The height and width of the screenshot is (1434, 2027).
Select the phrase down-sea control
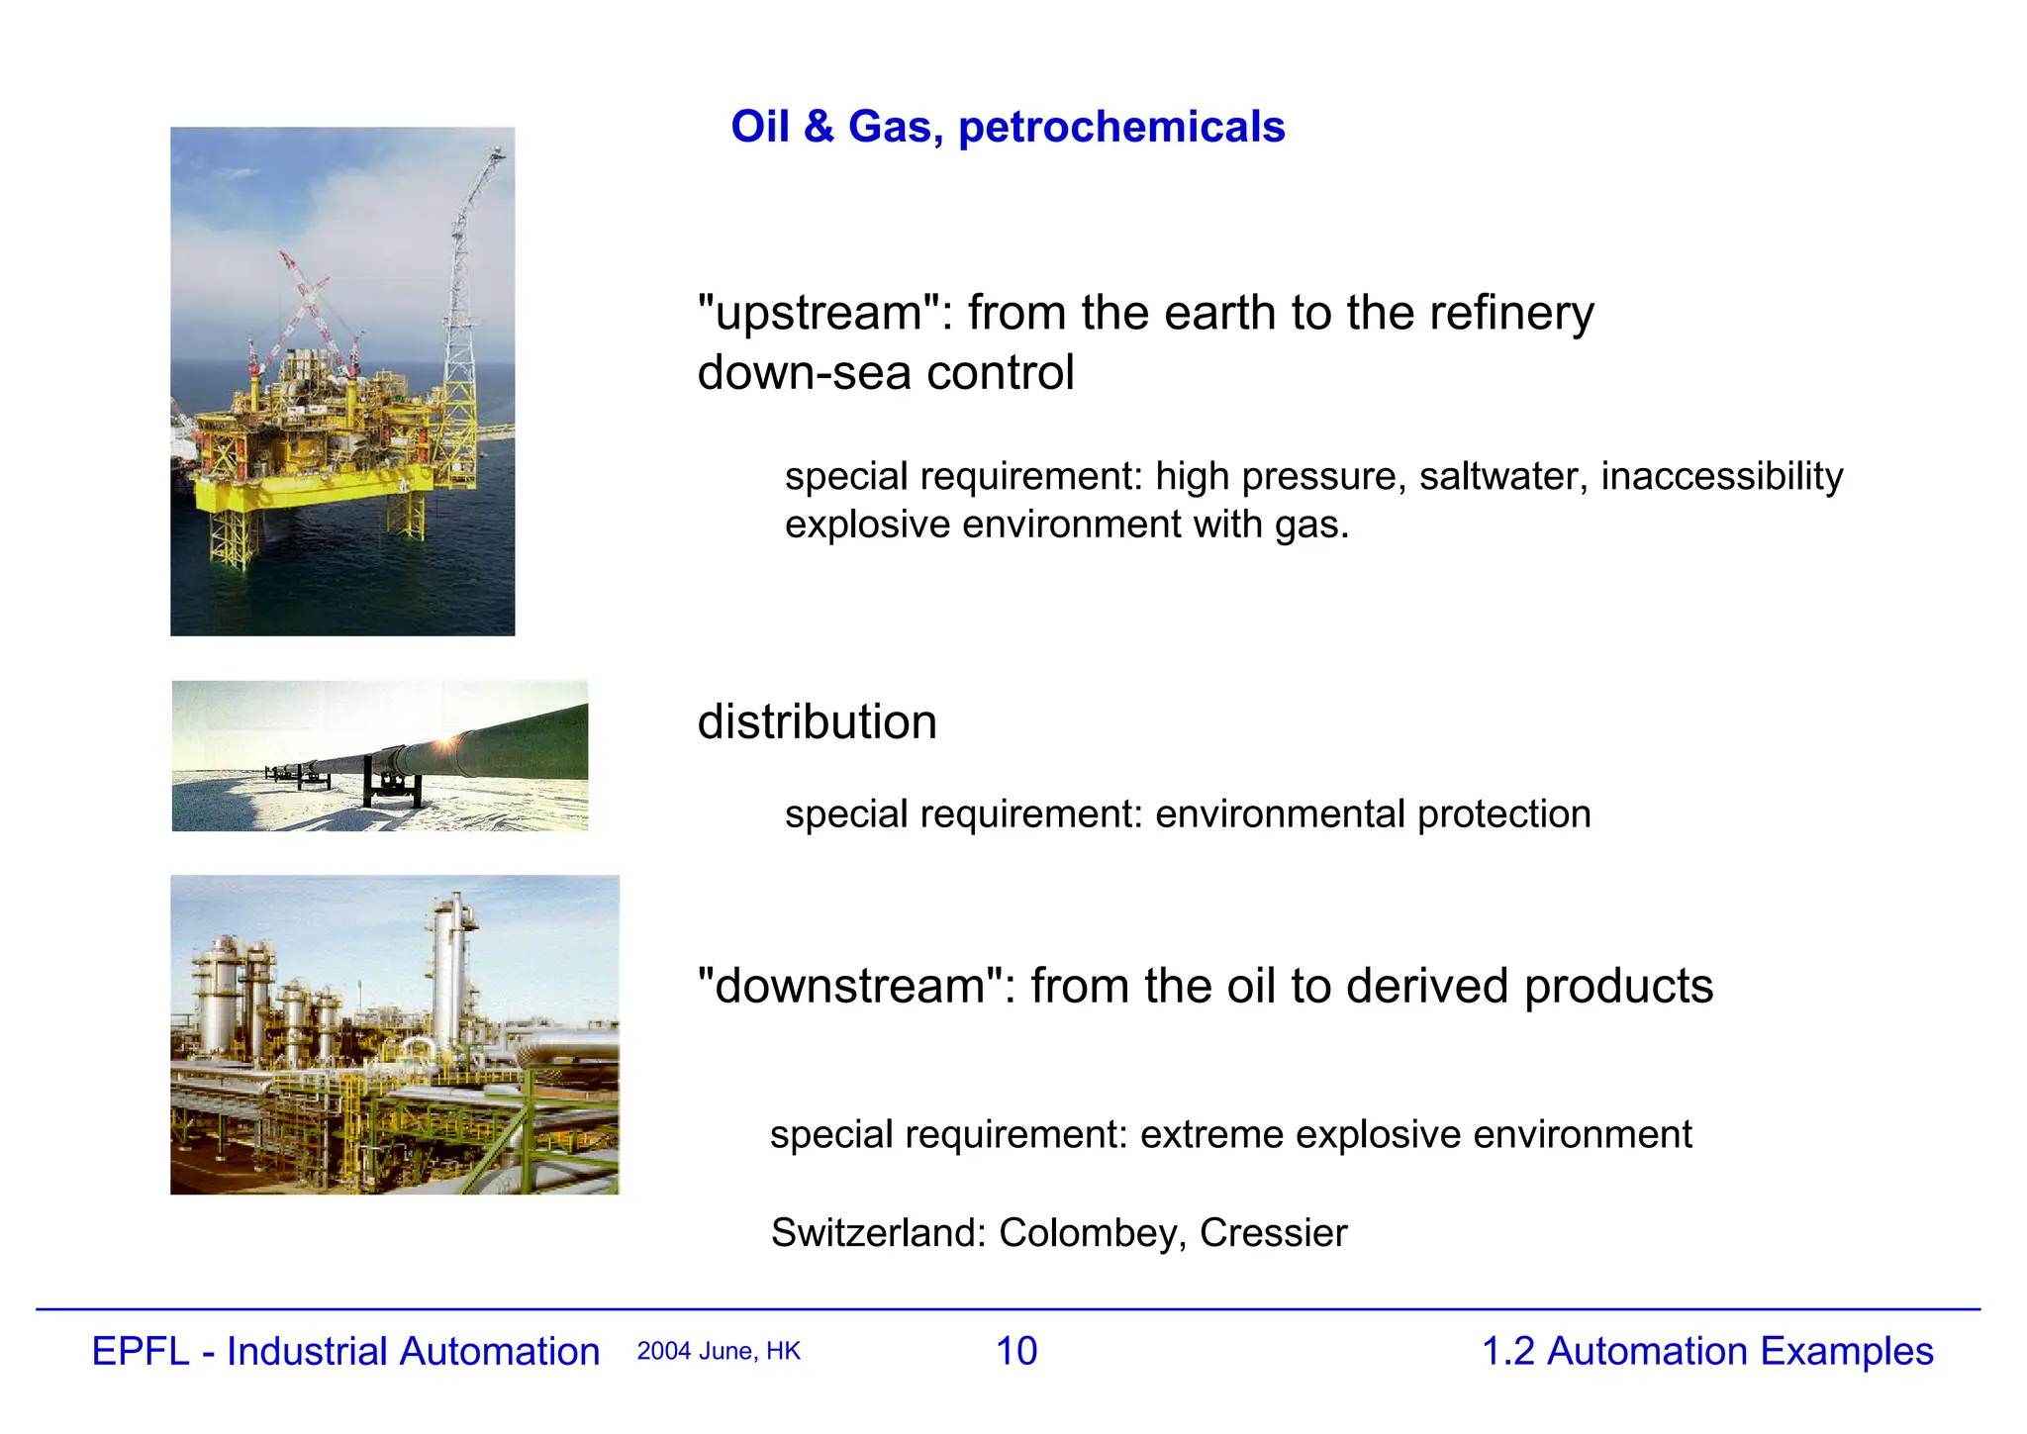point(885,373)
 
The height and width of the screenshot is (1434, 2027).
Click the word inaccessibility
point(1721,477)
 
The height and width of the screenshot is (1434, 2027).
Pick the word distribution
point(817,722)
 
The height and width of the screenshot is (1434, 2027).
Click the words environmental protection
point(1373,814)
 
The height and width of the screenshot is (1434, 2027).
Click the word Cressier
point(1273,1233)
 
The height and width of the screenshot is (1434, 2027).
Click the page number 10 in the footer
point(1016,1352)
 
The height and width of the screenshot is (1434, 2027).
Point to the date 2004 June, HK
point(719,1352)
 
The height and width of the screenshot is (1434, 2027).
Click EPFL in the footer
point(140,1352)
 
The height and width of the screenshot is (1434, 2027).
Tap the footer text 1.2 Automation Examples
point(1707,1352)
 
